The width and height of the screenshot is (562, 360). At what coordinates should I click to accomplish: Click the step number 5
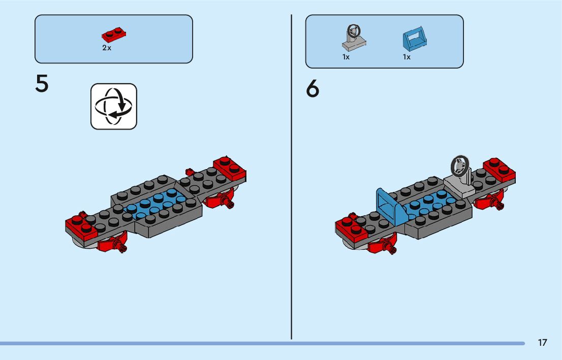42,84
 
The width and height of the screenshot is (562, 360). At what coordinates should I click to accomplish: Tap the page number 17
543,342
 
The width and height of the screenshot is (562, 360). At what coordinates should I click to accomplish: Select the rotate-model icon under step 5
114,106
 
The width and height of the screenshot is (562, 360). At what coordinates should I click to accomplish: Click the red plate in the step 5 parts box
114,36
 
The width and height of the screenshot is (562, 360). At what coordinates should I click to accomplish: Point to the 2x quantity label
107,48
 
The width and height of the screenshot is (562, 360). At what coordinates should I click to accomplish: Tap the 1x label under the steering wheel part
346,57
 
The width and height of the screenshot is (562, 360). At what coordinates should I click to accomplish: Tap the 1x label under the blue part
407,57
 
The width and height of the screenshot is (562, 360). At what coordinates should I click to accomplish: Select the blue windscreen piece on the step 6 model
391,205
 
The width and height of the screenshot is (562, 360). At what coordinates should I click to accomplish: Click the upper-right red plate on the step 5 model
230,168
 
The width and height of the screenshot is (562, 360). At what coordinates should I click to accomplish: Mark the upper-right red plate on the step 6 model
499,169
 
